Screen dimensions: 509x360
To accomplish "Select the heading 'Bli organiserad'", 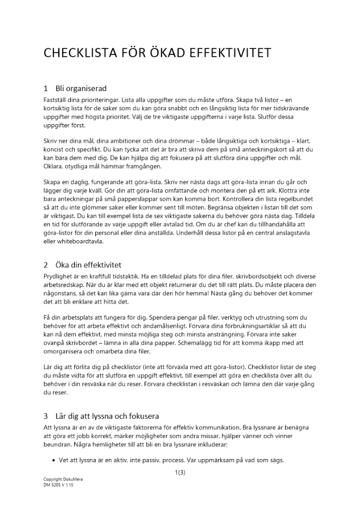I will point(81,89).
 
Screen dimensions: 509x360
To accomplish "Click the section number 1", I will point(46,89).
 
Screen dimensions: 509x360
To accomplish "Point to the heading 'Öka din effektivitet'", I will point(89,265).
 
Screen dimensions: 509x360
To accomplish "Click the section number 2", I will point(46,265).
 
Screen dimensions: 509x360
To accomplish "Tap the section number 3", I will point(46,415).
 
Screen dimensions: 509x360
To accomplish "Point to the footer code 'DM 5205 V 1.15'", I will point(59,485).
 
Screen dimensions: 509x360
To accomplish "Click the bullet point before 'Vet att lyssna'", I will point(54,460).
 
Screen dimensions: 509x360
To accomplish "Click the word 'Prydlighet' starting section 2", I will point(59,276).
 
